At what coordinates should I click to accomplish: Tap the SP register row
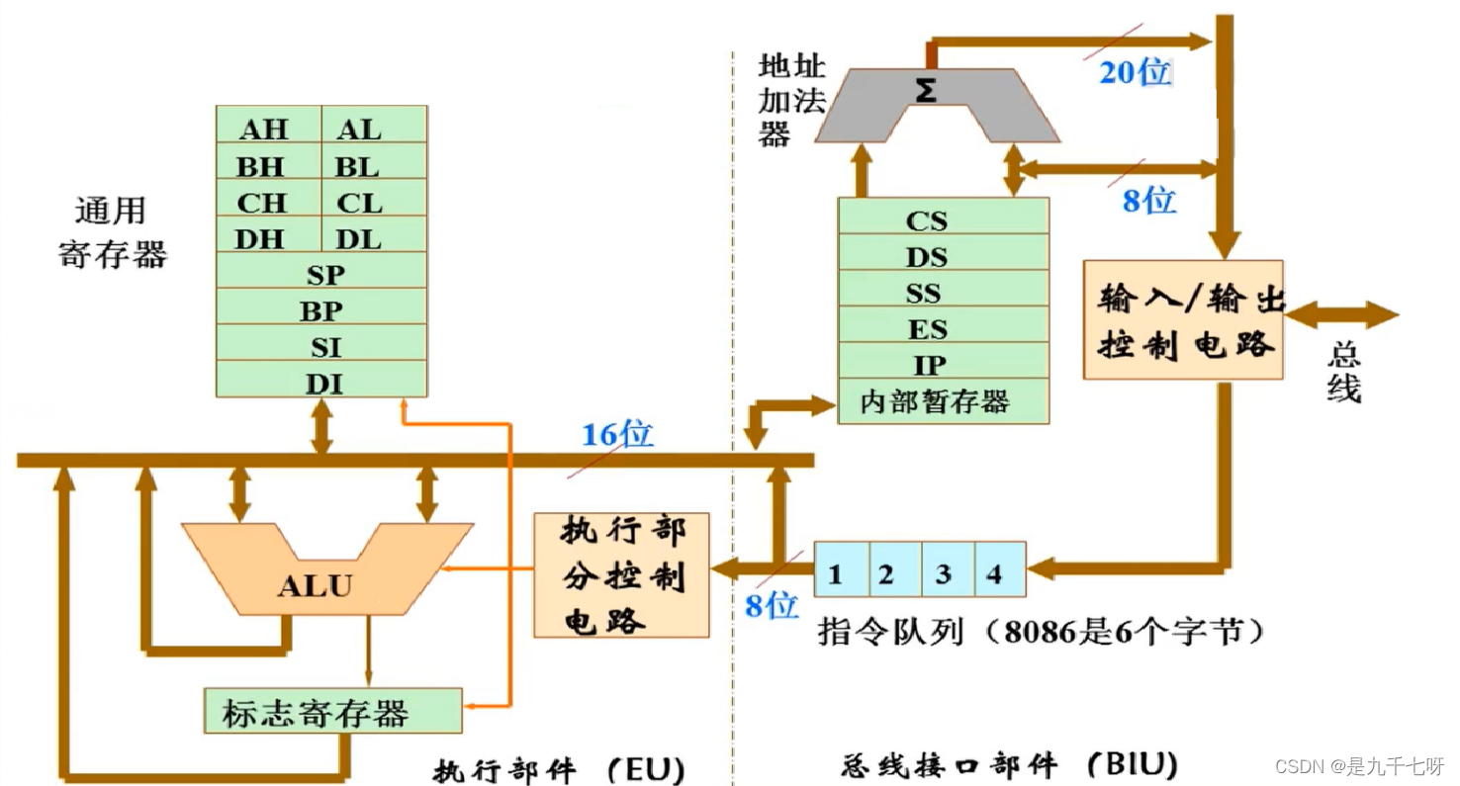click(321, 274)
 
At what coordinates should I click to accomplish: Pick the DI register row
click(321, 382)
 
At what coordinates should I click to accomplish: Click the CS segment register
click(942, 219)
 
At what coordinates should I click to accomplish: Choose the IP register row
click(942, 364)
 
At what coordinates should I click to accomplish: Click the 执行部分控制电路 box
click(621, 575)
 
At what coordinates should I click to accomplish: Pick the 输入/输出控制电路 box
click(1182, 319)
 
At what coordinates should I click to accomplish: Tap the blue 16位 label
click(617, 434)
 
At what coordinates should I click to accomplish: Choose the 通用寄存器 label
click(113, 232)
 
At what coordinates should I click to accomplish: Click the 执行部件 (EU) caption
click(559, 767)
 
